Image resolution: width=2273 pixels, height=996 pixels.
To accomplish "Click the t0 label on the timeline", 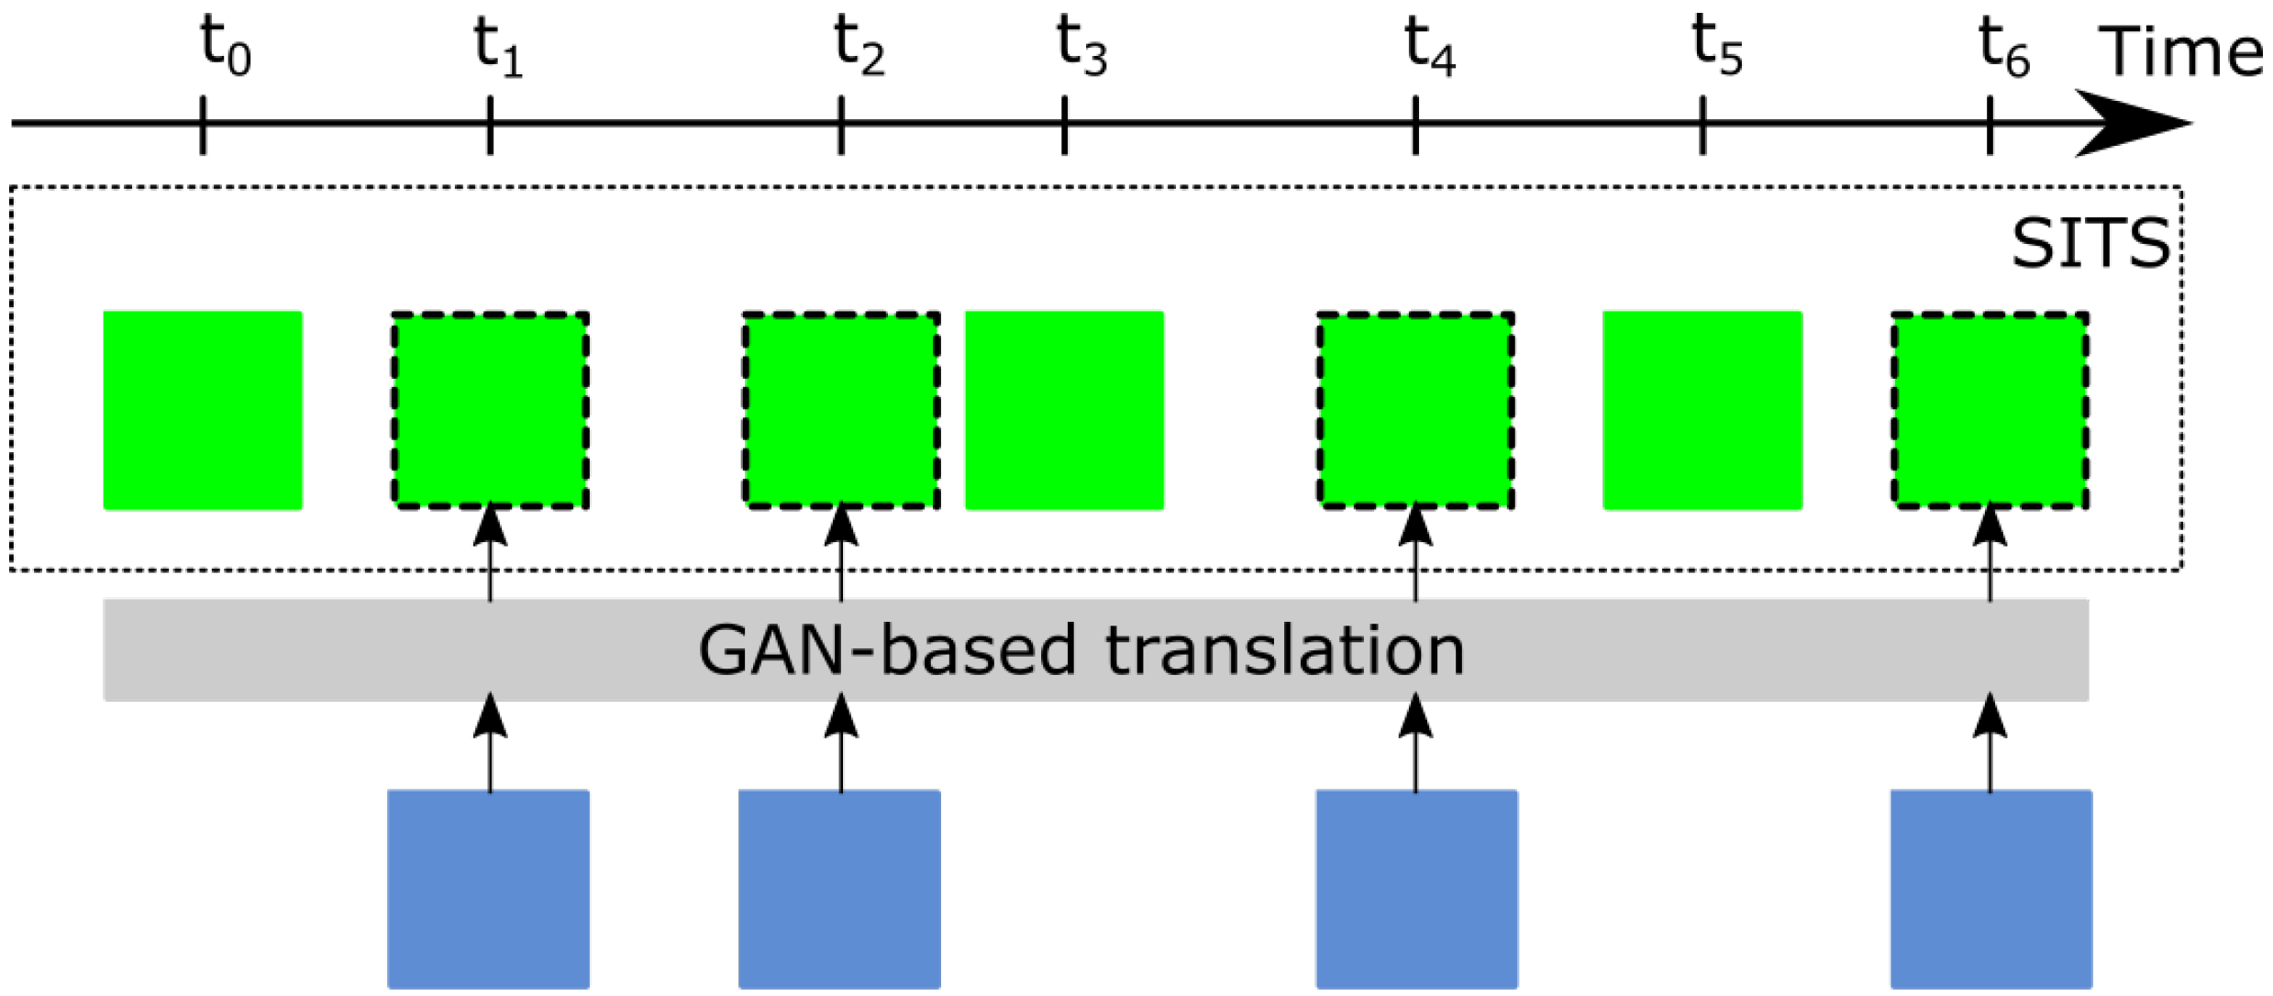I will pos(225,48).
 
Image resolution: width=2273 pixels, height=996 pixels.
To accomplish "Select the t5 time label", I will pos(1716,48).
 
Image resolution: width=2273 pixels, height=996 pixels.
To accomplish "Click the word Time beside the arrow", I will pos(2181,52).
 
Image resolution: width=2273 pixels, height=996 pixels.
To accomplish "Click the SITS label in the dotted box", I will pos(2090,244).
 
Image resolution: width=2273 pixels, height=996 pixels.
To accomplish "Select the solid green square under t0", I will pos(203,410).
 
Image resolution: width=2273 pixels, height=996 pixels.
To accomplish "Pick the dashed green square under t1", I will pos(490,410).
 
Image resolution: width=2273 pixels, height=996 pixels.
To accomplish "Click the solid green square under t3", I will pos(1064,410).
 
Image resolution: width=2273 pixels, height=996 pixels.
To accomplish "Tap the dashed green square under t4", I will pos(1415,410).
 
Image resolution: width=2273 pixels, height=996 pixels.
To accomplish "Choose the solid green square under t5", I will pos(1702,410).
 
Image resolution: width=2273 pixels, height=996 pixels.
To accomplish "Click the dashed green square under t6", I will pos(1990,410).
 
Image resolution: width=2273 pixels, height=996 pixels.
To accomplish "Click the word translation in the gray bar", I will pos(1284,651).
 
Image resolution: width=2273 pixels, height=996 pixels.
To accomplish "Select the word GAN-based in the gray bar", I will pos(886,651).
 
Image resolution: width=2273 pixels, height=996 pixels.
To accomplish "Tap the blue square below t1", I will pos(488,888).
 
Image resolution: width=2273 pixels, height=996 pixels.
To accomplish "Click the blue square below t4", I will pos(1416,888).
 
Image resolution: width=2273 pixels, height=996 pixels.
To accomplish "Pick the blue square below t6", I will pos(1991,888).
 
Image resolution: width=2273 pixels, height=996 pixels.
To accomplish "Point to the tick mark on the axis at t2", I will pos(841,124).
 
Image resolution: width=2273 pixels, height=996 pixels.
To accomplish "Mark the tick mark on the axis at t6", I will pos(1990,124).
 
